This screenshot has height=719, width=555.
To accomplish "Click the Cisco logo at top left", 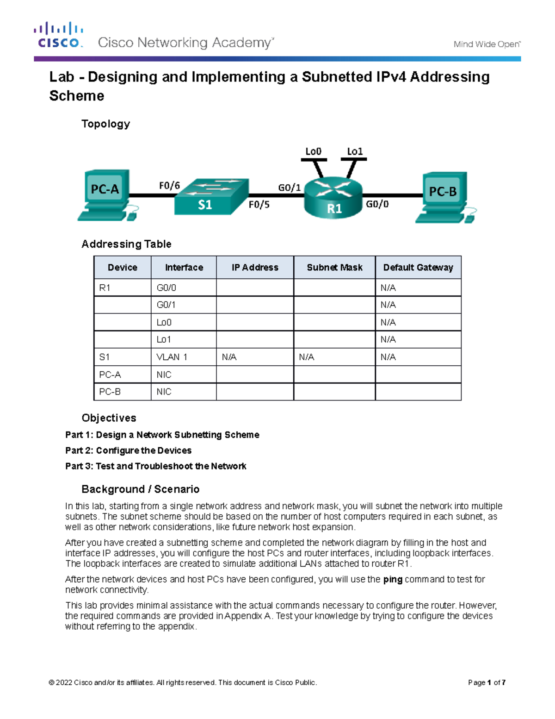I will click(58, 35).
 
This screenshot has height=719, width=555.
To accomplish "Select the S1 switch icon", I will click(210, 198).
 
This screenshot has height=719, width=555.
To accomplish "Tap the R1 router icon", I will click(333, 198).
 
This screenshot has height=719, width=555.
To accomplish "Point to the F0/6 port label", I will click(169, 186).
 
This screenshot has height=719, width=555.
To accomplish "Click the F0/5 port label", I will click(259, 205).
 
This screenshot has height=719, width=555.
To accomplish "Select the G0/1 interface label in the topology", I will click(289, 188).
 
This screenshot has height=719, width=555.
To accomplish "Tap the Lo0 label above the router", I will click(313, 151).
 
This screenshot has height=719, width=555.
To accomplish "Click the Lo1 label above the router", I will click(355, 151).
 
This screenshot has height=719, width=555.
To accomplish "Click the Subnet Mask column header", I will click(334, 268).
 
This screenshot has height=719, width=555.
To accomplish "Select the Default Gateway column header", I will click(418, 268).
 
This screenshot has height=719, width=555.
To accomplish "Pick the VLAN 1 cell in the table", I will click(172, 357).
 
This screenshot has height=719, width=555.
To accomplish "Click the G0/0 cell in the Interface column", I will click(166, 288).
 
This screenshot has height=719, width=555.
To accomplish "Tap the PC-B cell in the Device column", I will click(110, 392).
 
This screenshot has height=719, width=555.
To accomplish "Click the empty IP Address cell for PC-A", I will click(255, 375).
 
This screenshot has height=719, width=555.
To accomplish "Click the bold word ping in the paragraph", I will click(393, 579).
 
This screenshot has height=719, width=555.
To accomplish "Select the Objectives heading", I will click(109, 418).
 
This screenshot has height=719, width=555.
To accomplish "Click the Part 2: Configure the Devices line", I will click(128, 450).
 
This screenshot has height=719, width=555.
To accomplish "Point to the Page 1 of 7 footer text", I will click(487, 682).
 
